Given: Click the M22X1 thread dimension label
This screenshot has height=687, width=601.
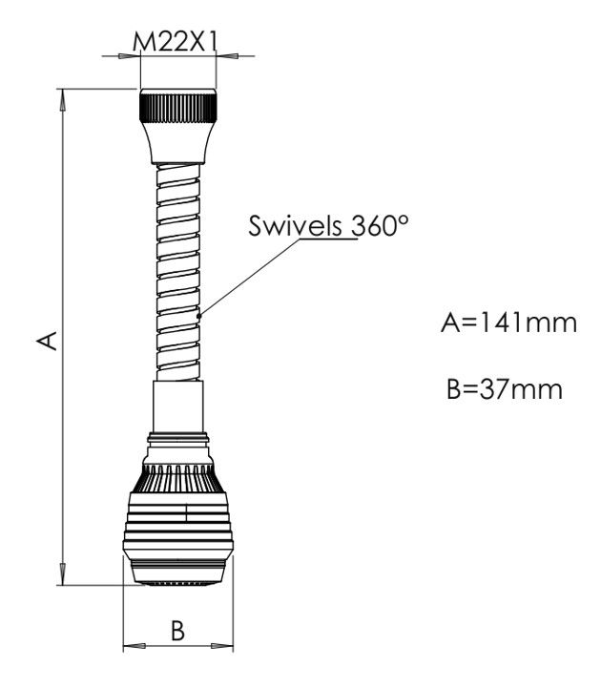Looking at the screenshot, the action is coord(176,42).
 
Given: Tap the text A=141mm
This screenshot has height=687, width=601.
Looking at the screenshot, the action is coord(509,323).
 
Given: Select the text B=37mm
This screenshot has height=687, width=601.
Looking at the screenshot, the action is coord(505,389).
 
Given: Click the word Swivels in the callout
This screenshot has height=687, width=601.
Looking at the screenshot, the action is coord(295,225).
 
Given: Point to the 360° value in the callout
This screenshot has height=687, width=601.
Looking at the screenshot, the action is coord(381,225).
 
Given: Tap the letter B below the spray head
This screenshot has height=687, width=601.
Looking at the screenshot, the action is coord(177,631).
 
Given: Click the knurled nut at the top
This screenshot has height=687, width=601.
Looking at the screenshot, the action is coord(177,106).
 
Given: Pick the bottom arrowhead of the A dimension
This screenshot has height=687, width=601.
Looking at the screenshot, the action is coord(64,574).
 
